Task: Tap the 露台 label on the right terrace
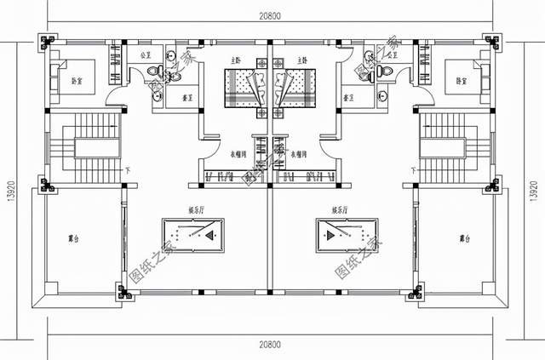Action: (463, 238)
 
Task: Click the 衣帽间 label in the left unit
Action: (238, 155)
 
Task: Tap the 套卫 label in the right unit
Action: (347, 98)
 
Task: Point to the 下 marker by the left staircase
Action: (128, 169)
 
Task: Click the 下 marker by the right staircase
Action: (414, 169)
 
